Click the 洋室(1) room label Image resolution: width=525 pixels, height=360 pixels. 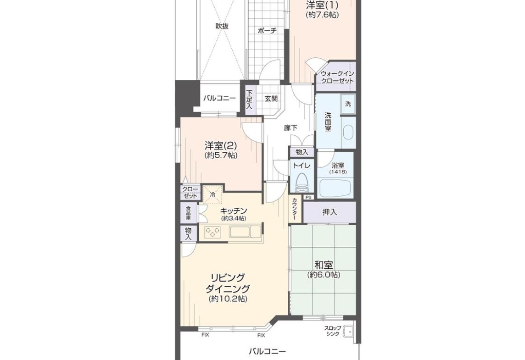point(322,5)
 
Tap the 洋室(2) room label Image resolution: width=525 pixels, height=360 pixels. point(221,145)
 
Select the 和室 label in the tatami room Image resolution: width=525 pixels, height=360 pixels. point(324,265)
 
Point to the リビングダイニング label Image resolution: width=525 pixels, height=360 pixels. point(228,283)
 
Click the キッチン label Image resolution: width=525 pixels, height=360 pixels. point(234,211)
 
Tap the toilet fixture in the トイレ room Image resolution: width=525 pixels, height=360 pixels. point(302,183)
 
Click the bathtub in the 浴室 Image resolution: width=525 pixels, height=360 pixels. point(336,188)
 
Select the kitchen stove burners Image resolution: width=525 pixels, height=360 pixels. point(213,232)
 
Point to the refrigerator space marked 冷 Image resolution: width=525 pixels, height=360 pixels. point(212,194)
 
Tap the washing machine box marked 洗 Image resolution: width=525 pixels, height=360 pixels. point(348,104)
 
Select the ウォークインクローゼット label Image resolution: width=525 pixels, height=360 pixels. point(337,78)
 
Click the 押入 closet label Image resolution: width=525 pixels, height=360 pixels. point(330,212)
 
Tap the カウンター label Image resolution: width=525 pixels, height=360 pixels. point(294,209)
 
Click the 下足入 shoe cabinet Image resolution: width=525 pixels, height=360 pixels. point(249,100)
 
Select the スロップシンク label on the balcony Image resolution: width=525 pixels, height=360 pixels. point(333,331)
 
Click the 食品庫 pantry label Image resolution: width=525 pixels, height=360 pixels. point(188,213)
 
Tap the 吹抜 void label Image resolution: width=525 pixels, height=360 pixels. point(222,26)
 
